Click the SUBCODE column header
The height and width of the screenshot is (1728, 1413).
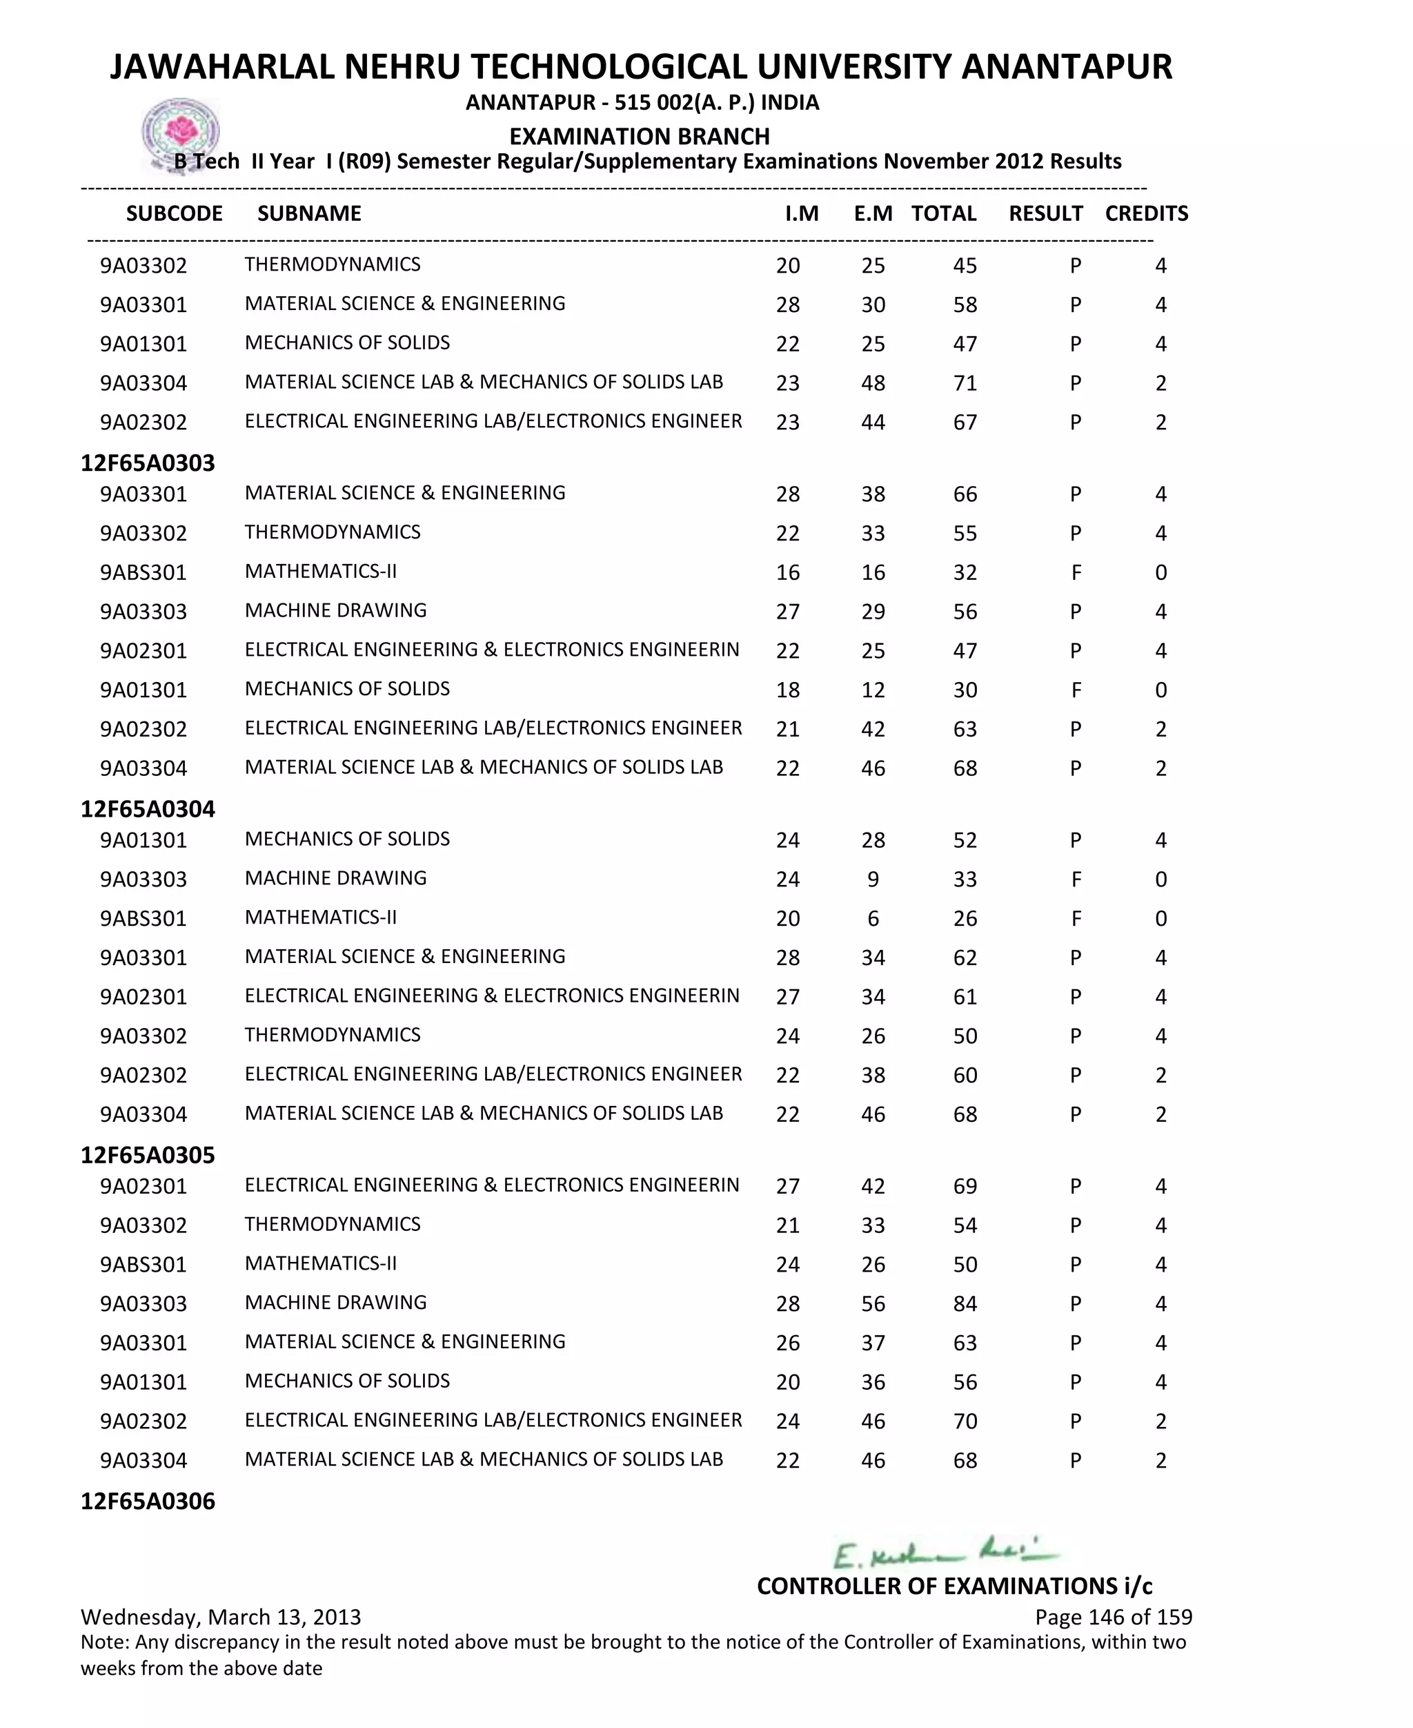174,213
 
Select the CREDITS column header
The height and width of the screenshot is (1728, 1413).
1146,213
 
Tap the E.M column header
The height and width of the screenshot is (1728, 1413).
873,213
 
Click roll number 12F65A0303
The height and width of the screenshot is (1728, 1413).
148,463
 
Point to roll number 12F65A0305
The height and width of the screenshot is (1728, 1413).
148,1155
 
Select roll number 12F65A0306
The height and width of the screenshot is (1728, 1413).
148,1501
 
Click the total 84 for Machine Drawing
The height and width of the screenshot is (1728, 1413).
965,1303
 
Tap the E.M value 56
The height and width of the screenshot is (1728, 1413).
873,1303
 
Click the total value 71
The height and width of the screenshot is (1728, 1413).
965,382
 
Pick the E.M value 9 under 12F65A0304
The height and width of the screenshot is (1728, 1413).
873,880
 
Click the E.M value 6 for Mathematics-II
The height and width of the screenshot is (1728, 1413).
873,919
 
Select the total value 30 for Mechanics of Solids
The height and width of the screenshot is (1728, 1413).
965,690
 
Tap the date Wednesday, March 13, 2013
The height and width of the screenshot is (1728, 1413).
221,1616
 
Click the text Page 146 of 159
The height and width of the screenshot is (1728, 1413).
1113,1616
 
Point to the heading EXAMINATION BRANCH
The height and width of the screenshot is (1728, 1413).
639,136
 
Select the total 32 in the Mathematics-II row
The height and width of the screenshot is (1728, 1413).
965,572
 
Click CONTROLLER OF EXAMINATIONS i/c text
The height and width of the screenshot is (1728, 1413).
954,1586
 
